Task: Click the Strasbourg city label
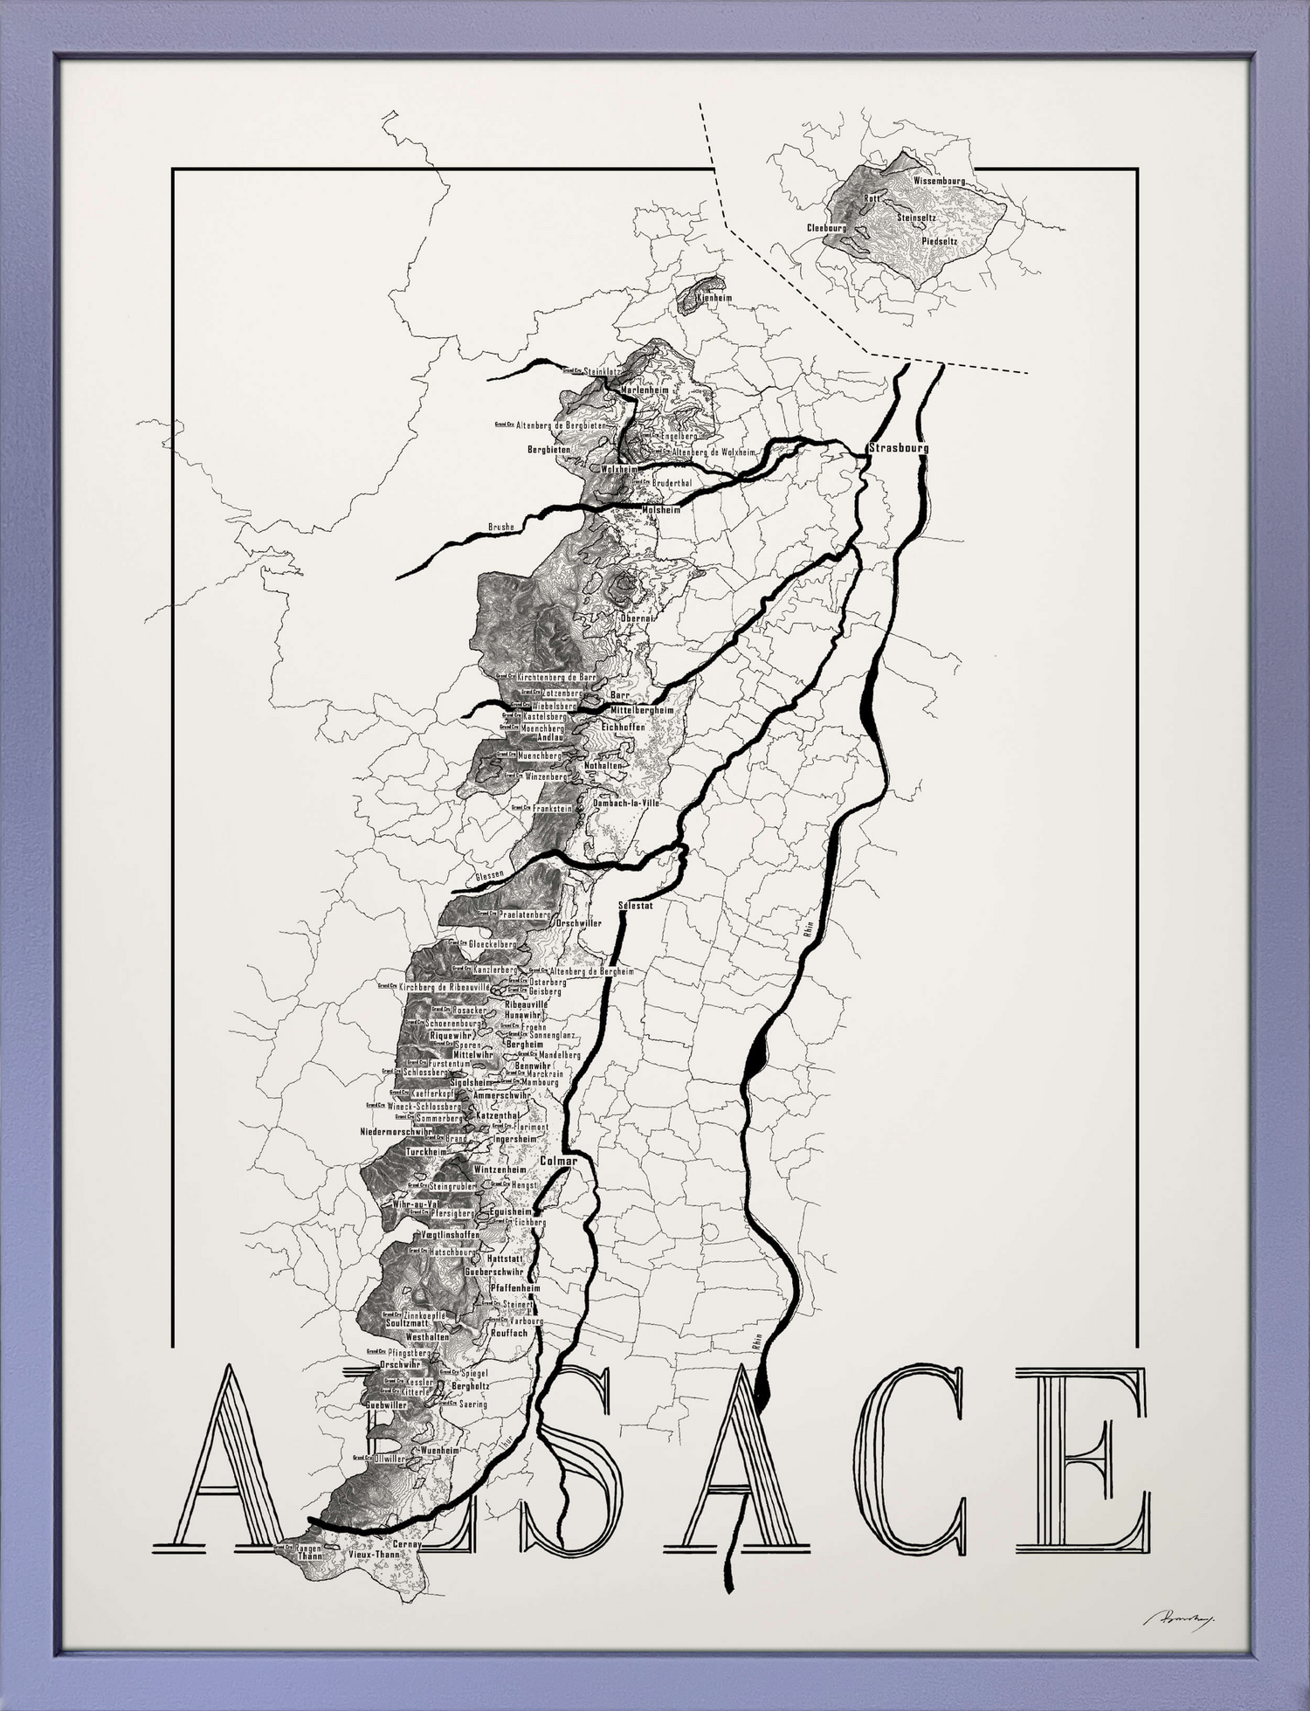899,448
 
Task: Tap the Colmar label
559,1162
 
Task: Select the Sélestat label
635,905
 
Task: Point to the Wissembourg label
939,181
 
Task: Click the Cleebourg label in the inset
826,227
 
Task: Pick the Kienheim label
714,298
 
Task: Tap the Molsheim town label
660,509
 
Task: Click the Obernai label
637,617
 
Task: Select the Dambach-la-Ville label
626,802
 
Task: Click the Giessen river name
489,875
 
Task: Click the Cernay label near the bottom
407,1544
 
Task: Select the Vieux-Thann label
373,1556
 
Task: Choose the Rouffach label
509,1334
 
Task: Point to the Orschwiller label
579,923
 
